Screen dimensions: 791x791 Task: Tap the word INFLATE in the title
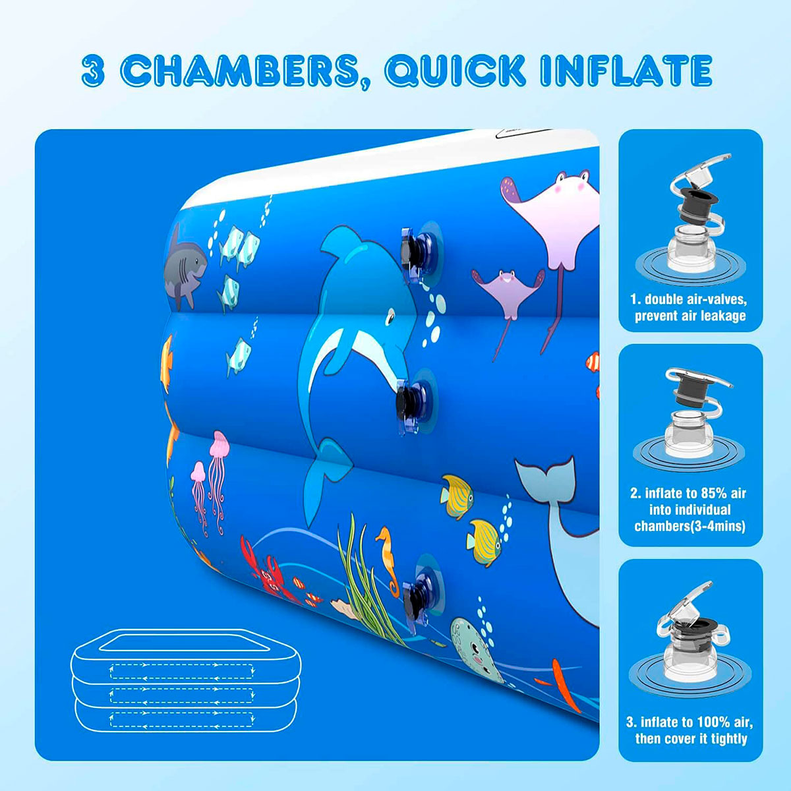click(x=626, y=71)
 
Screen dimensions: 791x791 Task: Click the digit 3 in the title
click(x=94, y=71)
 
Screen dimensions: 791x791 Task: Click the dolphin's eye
click(x=390, y=320)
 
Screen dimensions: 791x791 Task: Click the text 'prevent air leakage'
click(x=690, y=316)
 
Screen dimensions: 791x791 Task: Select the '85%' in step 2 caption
click(x=709, y=493)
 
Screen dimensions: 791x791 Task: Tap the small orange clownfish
click(x=594, y=362)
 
